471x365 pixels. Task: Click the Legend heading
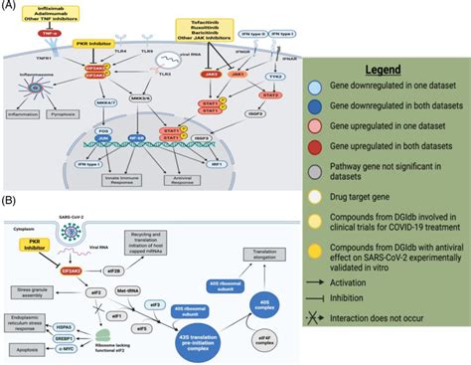[396, 71]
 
